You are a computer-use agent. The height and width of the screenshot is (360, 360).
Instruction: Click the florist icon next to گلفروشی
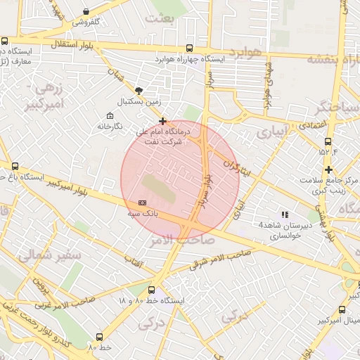pos(86,12)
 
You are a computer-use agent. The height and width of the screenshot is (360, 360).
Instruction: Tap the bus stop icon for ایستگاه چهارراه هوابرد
pos(189,48)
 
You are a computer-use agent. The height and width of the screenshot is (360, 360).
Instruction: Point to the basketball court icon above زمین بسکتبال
pos(139,90)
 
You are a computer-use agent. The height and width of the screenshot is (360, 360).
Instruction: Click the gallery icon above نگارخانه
pos(109,115)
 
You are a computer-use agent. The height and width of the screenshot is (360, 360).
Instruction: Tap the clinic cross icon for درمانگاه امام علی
pos(163,121)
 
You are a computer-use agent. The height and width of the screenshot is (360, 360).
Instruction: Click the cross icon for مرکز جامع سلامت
pos(328,169)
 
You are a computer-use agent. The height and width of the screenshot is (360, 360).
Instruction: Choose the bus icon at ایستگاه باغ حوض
pos(15,166)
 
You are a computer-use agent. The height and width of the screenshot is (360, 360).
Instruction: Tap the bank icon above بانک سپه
pos(143,202)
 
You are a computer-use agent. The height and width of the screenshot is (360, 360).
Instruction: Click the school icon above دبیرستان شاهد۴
pos(285,214)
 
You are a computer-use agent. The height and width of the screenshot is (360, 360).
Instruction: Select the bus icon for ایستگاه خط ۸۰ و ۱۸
pos(151,290)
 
